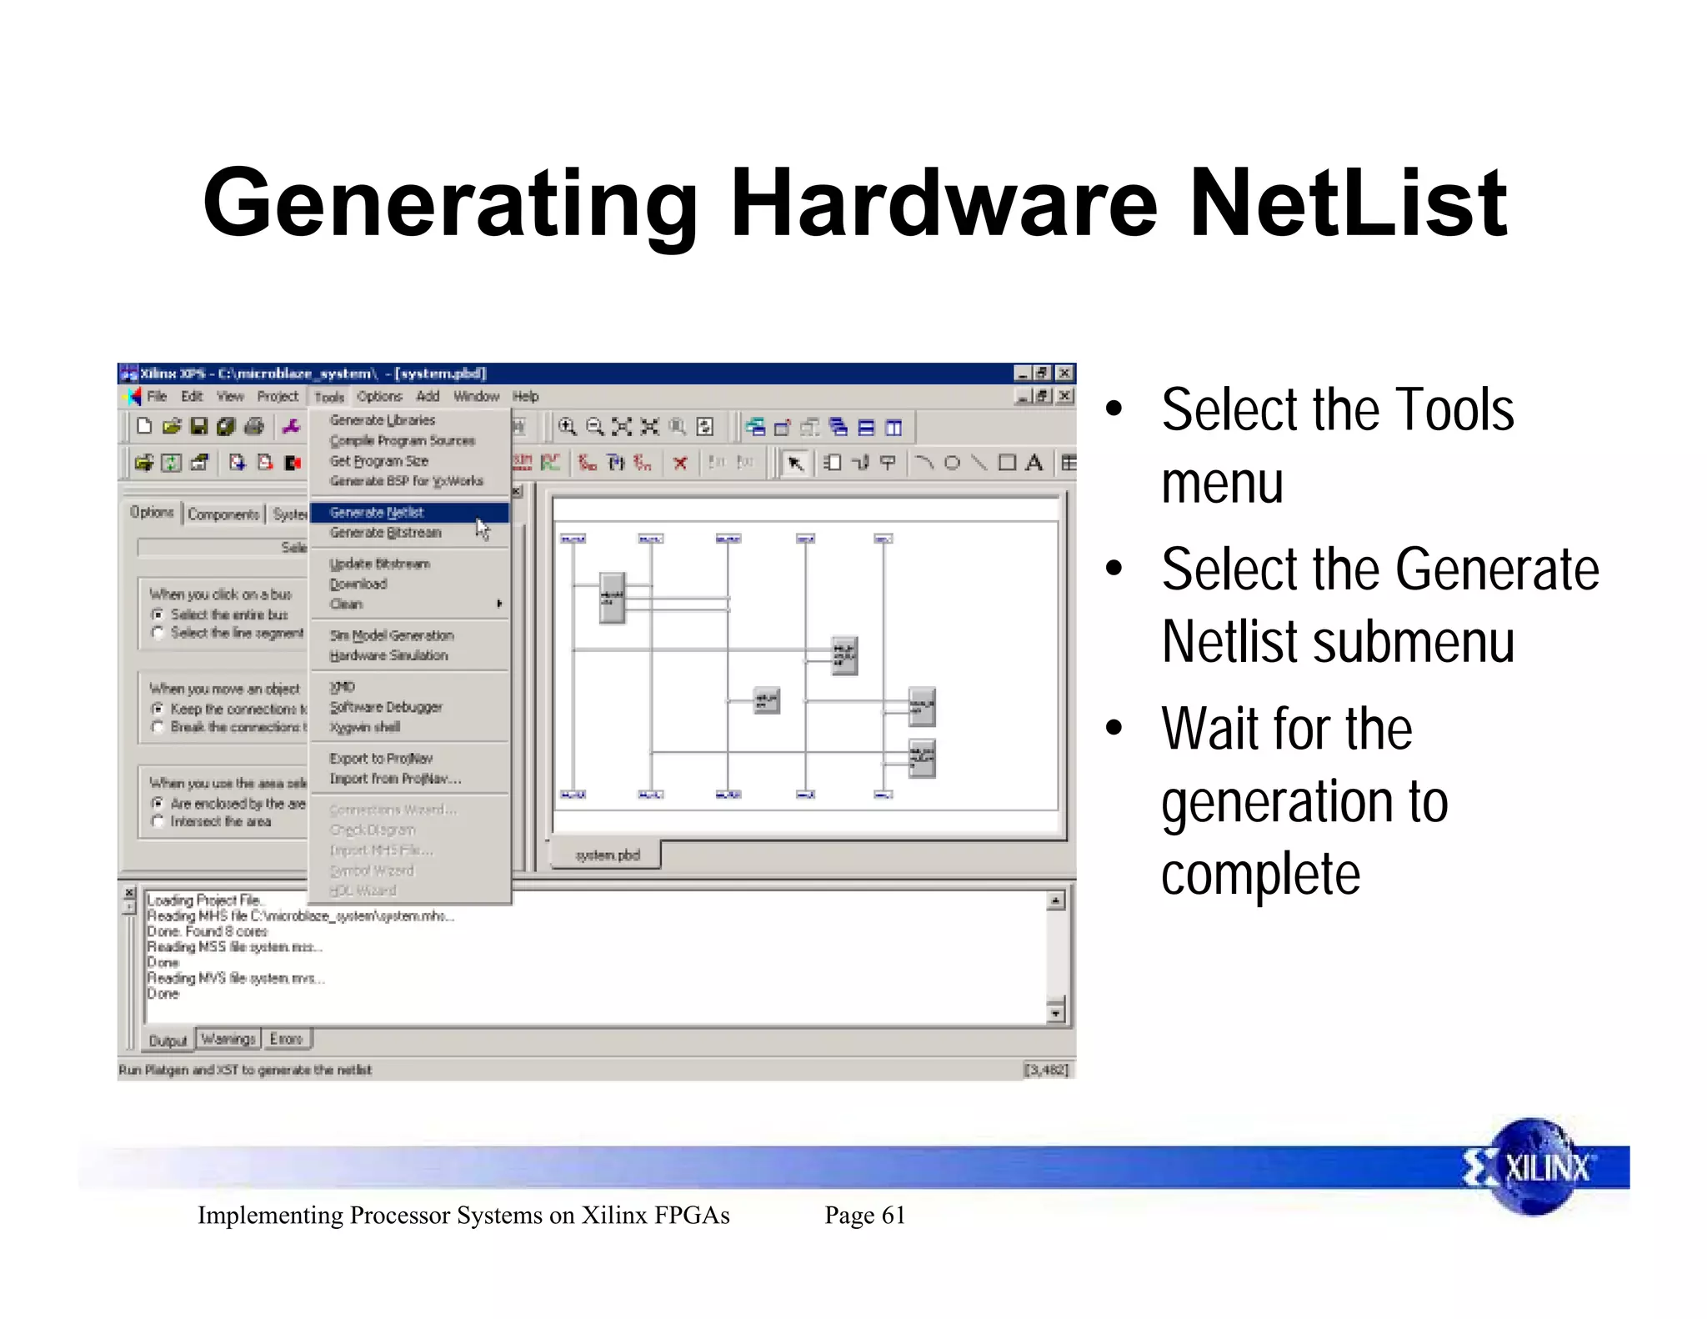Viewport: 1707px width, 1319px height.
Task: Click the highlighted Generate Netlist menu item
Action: click(x=377, y=512)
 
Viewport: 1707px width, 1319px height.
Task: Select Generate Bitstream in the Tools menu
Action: click(x=385, y=533)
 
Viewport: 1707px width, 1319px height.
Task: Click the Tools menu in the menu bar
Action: click(x=329, y=397)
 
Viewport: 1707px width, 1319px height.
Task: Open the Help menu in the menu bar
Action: click(x=525, y=397)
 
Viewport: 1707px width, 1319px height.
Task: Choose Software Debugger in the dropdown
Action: click(x=386, y=707)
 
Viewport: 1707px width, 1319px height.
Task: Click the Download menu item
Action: click(x=358, y=584)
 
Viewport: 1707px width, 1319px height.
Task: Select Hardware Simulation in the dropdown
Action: click(x=388, y=655)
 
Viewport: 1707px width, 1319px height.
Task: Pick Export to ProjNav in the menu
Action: click(x=381, y=758)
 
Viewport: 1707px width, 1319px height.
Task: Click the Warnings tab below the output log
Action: click(x=228, y=1039)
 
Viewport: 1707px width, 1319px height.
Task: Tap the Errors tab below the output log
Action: click(x=286, y=1039)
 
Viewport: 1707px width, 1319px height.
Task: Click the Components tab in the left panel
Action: click(x=223, y=514)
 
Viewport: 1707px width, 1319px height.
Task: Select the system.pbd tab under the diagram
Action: click(x=608, y=855)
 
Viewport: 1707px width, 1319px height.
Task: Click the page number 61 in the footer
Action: click(x=893, y=1215)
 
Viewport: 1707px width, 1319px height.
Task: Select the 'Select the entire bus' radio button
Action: click(x=158, y=614)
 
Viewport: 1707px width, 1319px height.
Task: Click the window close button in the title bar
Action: click(x=1064, y=374)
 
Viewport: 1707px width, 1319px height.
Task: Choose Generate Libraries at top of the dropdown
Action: click(x=383, y=420)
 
